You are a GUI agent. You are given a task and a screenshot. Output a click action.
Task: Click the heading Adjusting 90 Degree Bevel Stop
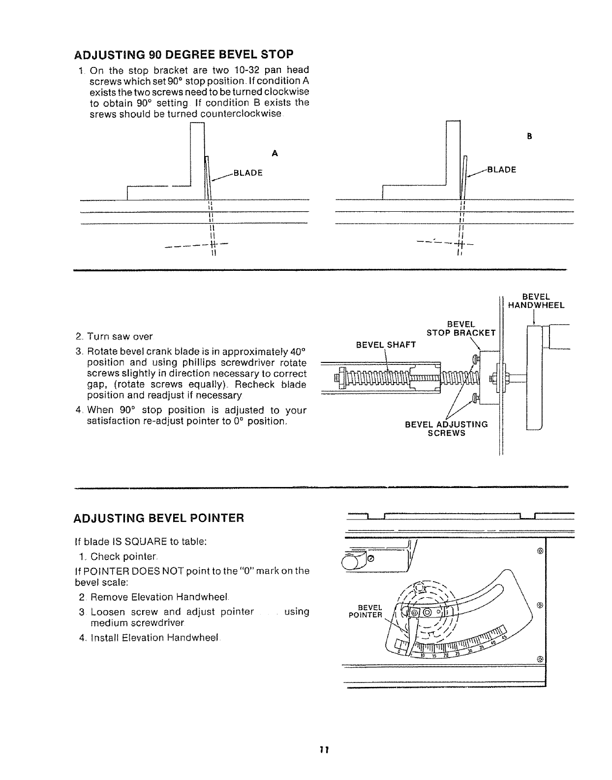183,53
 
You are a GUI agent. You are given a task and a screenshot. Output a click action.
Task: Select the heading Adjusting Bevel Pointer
158,518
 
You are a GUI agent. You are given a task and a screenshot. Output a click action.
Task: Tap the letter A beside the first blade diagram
275,154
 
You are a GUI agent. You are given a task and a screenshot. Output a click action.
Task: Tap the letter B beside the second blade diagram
529,136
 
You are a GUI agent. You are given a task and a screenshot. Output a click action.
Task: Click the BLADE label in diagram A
248,173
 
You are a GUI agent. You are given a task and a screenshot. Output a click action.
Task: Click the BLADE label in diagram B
501,170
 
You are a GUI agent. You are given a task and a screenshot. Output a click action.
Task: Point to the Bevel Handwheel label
536,301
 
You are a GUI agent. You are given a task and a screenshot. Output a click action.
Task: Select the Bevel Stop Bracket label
461,328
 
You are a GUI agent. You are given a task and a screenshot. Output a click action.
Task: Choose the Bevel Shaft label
386,345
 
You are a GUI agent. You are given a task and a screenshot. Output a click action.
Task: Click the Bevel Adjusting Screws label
446,428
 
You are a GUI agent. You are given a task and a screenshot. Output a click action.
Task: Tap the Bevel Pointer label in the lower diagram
370,611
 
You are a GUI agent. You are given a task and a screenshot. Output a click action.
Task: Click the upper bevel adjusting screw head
475,358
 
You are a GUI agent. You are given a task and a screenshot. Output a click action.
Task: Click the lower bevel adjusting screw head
475,398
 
